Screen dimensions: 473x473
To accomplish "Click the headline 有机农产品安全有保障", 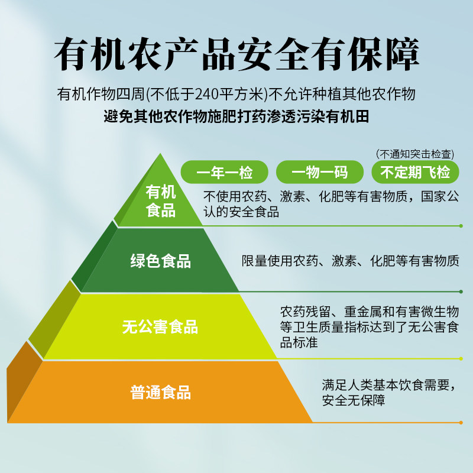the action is pos(237,56).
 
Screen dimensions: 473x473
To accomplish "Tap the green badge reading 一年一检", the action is pos(225,172).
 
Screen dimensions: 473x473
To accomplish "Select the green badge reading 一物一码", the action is pos(320,172).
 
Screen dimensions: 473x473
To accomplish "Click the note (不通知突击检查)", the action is pos(415,154).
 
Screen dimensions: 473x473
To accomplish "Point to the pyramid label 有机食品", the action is pos(161,201).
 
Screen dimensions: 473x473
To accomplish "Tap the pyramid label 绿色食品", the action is pos(161,261).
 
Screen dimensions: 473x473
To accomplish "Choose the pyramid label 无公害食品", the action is pos(160,326).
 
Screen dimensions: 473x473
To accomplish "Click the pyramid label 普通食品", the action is pos(161,392).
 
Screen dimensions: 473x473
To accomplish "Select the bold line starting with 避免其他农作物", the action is pos(237,116).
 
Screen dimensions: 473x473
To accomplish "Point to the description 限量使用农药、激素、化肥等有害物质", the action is pos(351,261).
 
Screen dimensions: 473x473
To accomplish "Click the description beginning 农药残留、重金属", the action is pos(369,327).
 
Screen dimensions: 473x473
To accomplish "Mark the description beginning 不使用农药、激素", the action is pos(331,204).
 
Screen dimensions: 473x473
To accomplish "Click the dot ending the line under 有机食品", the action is pos(461,226).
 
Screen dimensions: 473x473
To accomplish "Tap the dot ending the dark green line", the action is pos(461,291).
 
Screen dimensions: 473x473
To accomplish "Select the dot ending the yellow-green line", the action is pos(461,358).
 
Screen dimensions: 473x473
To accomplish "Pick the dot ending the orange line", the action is pos(461,422).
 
